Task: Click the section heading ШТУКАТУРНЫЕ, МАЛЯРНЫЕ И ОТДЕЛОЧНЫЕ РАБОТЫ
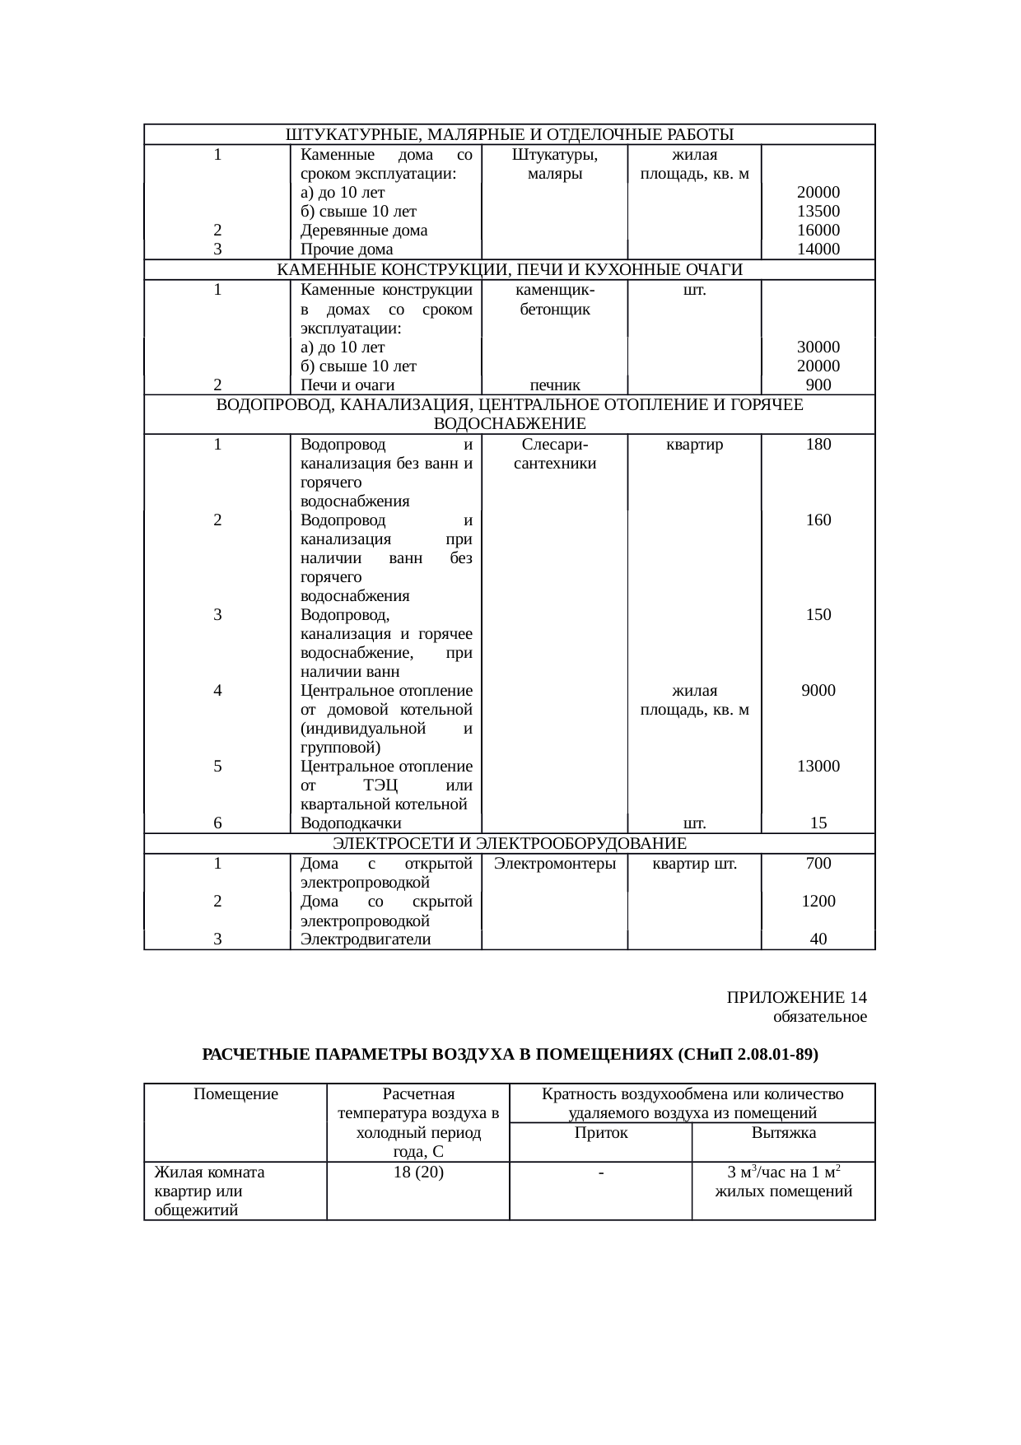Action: click(509, 134)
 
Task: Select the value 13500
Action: click(818, 211)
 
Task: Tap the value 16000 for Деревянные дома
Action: click(818, 230)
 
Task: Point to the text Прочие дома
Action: click(347, 249)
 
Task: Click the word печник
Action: click(555, 385)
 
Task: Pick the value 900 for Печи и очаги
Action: click(818, 385)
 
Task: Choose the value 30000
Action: click(818, 347)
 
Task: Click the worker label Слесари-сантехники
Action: click(555, 454)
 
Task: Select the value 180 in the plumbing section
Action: click(818, 445)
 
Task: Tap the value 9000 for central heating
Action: click(818, 691)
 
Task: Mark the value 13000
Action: click(818, 766)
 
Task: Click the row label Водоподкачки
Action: click(351, 823)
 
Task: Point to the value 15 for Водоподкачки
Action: click(818, 823)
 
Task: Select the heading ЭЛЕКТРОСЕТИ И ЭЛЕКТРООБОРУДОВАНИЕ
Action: click(509, 843)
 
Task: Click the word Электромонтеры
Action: click(555, 864)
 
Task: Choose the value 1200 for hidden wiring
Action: click(818, 901)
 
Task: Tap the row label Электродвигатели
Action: click(366, 939)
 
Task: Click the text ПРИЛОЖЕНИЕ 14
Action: click(796, 998)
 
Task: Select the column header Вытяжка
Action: click(783, 1133)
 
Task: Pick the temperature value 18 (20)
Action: click(418, 1172)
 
